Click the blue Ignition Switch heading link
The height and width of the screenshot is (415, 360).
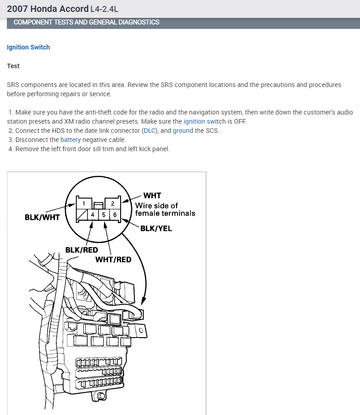click(28, 47)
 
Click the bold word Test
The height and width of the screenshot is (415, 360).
click(13, 66)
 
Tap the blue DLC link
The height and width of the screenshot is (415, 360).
click(150, 131)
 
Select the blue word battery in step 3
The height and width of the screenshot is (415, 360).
click(71, 140)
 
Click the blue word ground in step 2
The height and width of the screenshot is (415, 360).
click(183, 131)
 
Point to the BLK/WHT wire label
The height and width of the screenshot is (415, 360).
click(42, 217)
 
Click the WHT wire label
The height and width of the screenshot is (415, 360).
click(152, 196)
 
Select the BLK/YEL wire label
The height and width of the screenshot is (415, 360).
click(156, 228)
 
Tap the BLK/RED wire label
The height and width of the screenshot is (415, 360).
click(82, 250)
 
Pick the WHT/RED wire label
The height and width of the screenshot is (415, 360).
click(113, 259)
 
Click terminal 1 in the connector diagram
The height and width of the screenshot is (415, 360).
click(83, 203)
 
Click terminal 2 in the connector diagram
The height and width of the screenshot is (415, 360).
click(112, 203)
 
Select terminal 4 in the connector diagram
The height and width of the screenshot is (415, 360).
click(93, 214)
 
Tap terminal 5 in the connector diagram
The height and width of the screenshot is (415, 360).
click(104, 214)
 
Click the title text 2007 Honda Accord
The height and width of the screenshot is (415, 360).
click(48, 9)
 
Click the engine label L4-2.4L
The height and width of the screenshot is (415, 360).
click(107, 9)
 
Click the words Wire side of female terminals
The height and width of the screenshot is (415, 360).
click(165, 209)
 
